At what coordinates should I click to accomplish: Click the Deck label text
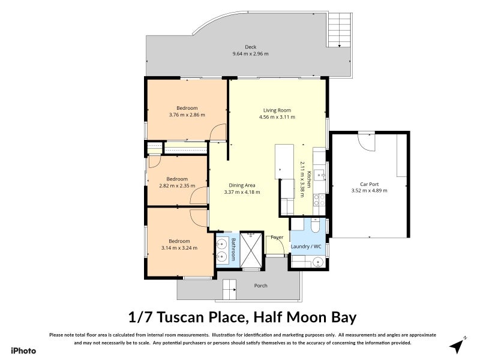pyautogui.click(x=250, y=47)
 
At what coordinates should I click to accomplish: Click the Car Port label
pyautogui.click(x=369, y=184)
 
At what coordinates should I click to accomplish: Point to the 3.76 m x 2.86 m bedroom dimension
pyautogui.click(x=187, y=115)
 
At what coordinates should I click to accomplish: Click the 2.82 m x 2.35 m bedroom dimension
pyautogui.click(x=177, y=185)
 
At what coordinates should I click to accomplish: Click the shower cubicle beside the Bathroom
pyautogui.click(x=252, y=248)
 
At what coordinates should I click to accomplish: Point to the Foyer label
pyautogui.click(x=277, y=238)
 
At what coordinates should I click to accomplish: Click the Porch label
pyautogui.click(x=261, y=286)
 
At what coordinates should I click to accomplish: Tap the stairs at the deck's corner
pyautogui.click(x=340, y=30)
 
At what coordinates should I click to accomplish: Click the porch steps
pyautogui.click(x=231, y=290)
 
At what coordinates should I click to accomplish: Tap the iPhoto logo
pyautogui.click(x=23, y=350)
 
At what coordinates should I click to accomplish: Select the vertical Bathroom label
pyautogui.click(x=233, y=249)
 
